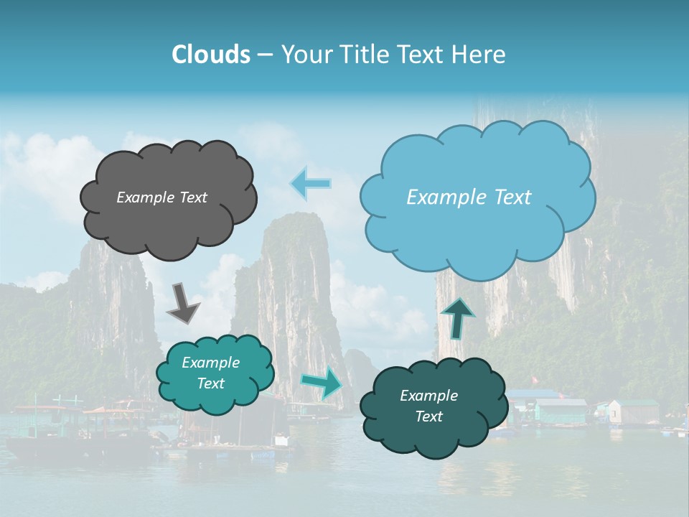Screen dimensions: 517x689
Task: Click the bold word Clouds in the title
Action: [210, 55]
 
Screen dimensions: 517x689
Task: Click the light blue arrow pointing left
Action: [311, 183]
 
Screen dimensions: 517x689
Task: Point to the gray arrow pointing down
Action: [182, 302]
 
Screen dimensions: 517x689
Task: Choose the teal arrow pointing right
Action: [322, 383]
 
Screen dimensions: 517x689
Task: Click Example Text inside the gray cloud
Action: [161, 197]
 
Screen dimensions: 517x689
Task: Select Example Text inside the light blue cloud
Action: [469, 197]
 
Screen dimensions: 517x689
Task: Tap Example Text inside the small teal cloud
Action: [210, 373]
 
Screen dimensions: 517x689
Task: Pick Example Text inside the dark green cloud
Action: [428, 406]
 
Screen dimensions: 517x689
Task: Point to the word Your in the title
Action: [306, 55]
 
